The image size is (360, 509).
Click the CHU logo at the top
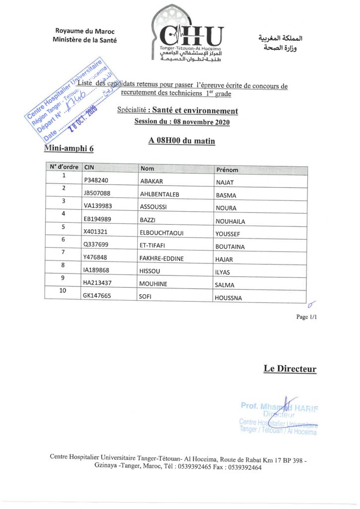(191, 37)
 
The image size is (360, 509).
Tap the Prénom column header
(227, 170)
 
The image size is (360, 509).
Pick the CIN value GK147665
(97, 296)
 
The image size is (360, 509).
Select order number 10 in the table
(63, 291)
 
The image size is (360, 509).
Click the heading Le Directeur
(290, 369)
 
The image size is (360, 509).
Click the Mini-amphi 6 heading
(69, 148)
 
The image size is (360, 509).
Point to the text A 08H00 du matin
(181, 141)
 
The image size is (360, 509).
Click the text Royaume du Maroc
(85, 31)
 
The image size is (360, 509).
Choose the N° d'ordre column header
(63, 167)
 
